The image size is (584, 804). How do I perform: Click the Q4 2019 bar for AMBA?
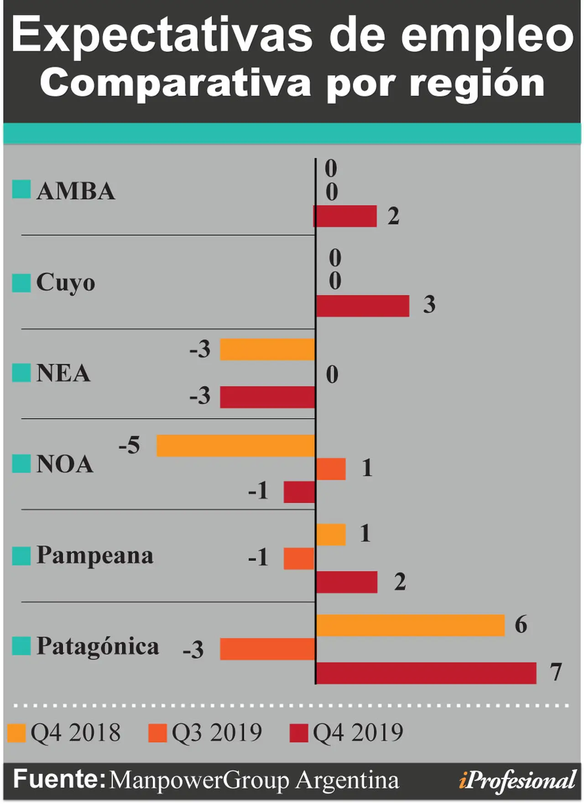click(345, 216)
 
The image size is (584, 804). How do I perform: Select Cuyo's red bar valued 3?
click(363, 306)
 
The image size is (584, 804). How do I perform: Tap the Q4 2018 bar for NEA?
click(268, 349)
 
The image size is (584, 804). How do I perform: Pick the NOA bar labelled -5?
click(236, 446)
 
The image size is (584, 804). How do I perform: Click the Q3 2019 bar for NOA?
click(331, 469)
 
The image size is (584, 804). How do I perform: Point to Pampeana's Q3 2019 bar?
click(299, 558)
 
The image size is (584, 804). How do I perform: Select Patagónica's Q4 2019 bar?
click(426, 673)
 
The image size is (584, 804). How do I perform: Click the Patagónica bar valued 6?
click(411, 625)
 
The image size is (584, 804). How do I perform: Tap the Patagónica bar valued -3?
click(268, 649)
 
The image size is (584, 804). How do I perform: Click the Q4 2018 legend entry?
click(64, 733)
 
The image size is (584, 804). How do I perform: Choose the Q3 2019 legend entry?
click(205, 733)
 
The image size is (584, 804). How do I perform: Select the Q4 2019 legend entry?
click(347, 733)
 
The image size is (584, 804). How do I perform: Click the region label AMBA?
click(76, 191)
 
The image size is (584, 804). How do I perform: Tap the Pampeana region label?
click(95, 556)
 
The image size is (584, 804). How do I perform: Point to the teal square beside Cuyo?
click(21, 283)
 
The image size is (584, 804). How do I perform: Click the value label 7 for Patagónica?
click(555, 672)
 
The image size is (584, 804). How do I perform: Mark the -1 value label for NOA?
click(258, 491)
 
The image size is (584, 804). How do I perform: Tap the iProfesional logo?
click(517, 780)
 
